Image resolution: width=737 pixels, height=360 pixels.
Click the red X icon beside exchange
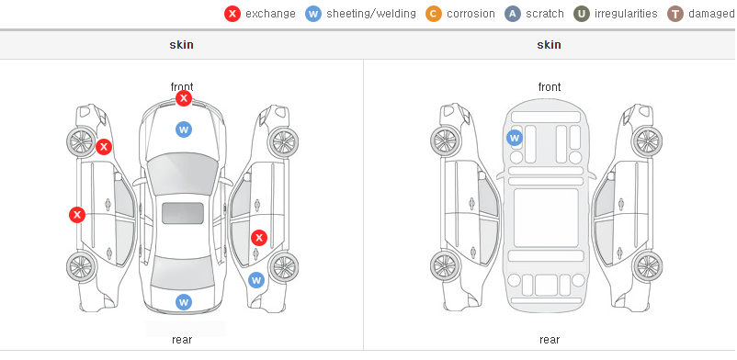tap(232, 14)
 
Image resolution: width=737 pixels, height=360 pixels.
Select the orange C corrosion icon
tap(434, 14)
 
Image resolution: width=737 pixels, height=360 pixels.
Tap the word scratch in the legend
tap(545, 14)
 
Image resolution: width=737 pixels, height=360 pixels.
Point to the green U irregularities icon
tap(582, 14)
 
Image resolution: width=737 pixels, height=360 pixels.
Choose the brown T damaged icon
tap(675, 14)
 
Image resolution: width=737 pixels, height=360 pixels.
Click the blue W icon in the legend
tap(313, 14)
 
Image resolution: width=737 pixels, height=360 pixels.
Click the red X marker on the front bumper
tap(184, 98)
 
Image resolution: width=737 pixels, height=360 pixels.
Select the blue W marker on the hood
tap(184, 129)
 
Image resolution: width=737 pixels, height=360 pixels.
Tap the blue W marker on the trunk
tap(184, 302)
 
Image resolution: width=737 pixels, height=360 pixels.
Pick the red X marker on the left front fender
tap(104, 147)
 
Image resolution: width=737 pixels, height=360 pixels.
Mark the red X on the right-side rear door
tap(259, 238)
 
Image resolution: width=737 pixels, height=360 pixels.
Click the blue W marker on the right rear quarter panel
tap(256, 280)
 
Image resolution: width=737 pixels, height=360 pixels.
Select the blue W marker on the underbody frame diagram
tap(515, 138)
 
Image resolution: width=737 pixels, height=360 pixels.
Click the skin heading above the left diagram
tap(181, 45)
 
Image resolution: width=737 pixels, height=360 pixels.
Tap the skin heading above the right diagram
tap(549, 45)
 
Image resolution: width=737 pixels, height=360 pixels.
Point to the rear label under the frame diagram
tap(550, 340)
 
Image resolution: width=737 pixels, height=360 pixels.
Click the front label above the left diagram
tap(182, 87)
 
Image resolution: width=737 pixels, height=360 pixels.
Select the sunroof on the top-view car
tap(183, 213)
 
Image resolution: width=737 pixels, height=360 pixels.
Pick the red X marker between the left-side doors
tap(77, 215)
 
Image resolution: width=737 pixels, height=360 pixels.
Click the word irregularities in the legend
tap(626, 14)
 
